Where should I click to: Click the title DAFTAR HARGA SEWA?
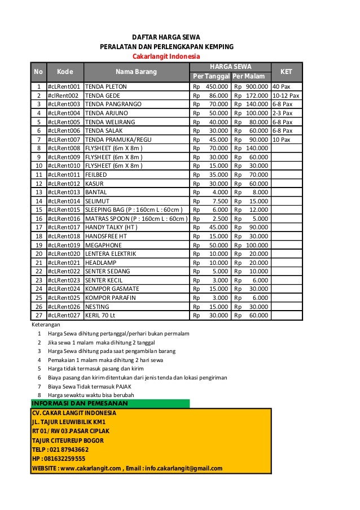tap(166, 37)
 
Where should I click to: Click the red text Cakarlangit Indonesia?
tap(166, 57)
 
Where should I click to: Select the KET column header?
tap(286, 72)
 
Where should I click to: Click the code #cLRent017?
tap(64, 228)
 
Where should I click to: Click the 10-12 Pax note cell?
tap(286, 96)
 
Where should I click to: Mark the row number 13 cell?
tap(39, 193)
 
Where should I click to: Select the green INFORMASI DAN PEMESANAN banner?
tap(110, 403)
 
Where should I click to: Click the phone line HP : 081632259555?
tap(59, 459)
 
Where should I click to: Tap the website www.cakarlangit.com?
tap(90, 468)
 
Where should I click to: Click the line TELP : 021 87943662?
tap(60, 450)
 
